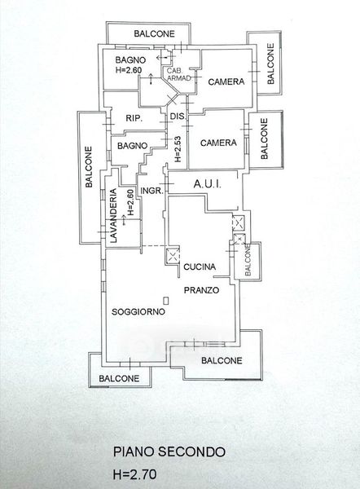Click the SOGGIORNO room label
coord(138,311)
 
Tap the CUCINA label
coord(200,267)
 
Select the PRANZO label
coord(201,290)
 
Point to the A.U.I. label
coord(208,184)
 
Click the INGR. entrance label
coord(152,191)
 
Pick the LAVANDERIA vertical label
coord(113,215)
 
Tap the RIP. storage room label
coord(134,118)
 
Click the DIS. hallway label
coord(178,117)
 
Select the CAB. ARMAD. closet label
coord(178,74)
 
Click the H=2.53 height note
coord(178,149)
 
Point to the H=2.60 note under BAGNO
coord(129,70)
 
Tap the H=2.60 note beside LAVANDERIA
coord(130,203)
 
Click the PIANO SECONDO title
coord(169,452)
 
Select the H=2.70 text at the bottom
coord(134,474)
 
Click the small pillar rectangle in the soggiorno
coord(166,301)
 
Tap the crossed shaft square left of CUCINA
coord(173,255)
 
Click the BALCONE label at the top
coord(154,33)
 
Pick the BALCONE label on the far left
coord(89,167)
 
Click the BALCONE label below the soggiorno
coord(119,379)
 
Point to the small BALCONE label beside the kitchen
coord(248,261)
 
